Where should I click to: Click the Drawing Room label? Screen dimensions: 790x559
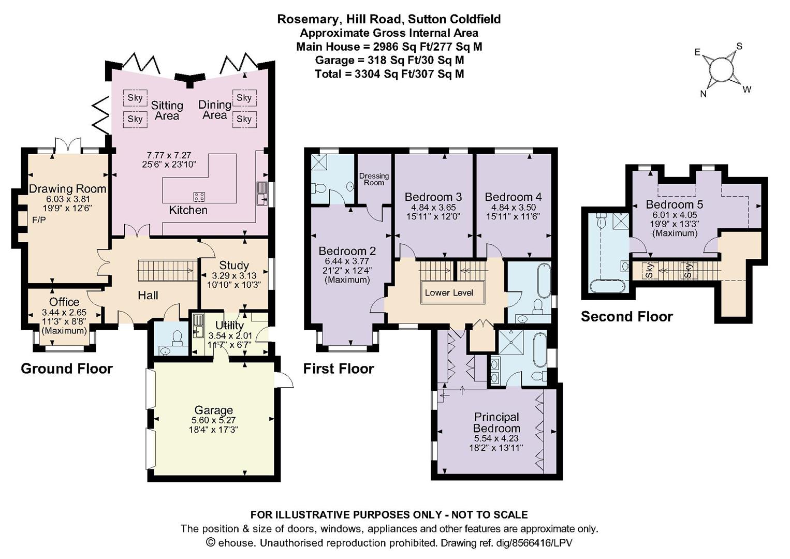[67, 189]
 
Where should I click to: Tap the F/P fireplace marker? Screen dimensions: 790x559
[39, 220]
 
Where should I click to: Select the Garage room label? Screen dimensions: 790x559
[214, 410]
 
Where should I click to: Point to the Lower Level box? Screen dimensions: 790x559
[449, 292]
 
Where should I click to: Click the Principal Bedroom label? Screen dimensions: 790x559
[496, 422]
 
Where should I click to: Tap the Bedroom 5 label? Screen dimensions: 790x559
[675, 204]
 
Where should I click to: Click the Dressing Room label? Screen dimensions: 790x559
[374, 179]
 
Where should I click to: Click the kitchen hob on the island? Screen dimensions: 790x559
[200, 197]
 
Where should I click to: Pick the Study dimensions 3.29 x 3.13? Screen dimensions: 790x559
[234, 275]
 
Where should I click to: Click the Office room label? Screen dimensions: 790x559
[64, 302]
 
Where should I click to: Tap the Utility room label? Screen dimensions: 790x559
[229, 325]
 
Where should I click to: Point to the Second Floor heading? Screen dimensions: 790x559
[627, 316]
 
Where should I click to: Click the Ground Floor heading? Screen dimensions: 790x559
[67, 369]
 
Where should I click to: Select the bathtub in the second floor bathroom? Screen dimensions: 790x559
[608, 286]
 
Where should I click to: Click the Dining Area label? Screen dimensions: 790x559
[214, 110]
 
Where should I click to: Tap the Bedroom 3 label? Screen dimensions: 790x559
[433, 197]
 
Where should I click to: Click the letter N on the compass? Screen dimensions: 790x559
[703, 94]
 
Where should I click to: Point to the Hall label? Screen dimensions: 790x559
[148, 295]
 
